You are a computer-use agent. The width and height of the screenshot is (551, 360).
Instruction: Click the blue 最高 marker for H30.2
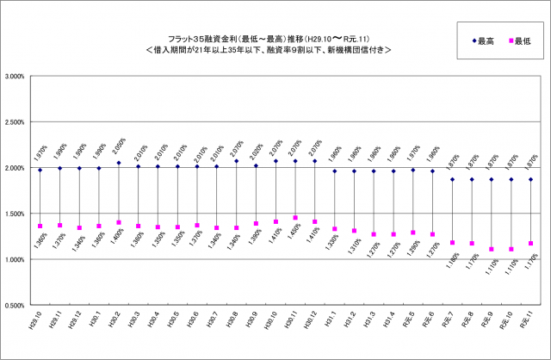(x=119, y=163)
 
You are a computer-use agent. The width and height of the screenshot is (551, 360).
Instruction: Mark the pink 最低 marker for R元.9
(x=492, y=250)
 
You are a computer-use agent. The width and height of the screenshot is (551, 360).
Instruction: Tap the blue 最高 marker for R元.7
(x=453, y=179)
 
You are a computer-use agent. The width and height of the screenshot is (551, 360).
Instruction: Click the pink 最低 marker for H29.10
(x=40, y=227)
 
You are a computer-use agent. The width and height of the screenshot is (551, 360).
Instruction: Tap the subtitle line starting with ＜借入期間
(x=269, y=50)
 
